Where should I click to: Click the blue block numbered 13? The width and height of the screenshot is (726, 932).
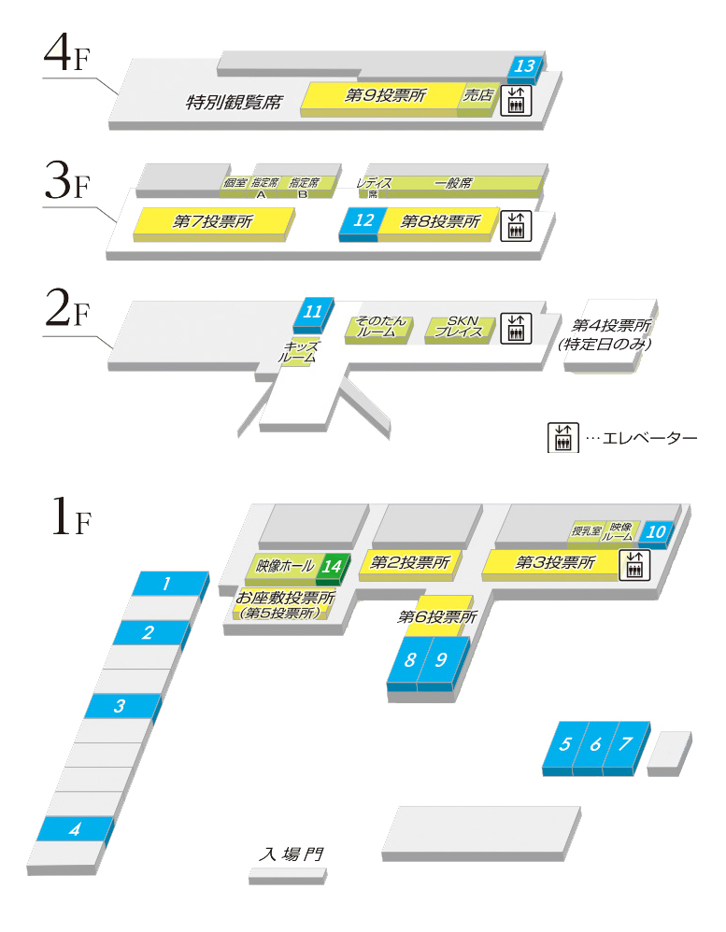click(524, 66)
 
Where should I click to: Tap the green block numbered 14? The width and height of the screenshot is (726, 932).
click(332, 565)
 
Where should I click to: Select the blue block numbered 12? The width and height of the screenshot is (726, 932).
click(364, 221)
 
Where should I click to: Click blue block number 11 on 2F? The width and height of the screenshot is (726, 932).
click(313, 311)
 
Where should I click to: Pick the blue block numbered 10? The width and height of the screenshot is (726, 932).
click(657, 532)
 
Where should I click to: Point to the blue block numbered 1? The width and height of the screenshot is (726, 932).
click(166, 585)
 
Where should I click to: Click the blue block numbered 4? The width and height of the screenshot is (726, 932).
click(75, 828)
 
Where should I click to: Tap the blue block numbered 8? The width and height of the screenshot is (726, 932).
click(410, 659)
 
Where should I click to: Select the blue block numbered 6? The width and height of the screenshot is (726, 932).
click(595, 744)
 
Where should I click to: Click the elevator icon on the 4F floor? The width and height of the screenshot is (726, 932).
click(516, 100)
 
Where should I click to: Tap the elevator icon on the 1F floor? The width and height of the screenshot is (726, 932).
click(634, 563)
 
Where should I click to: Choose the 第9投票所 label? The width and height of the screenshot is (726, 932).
click(385, 95)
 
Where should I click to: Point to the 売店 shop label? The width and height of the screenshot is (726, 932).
click(477, 95)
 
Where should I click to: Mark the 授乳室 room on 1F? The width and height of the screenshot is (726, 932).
click(587, 531)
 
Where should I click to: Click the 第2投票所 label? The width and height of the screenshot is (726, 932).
click(410, 562)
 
